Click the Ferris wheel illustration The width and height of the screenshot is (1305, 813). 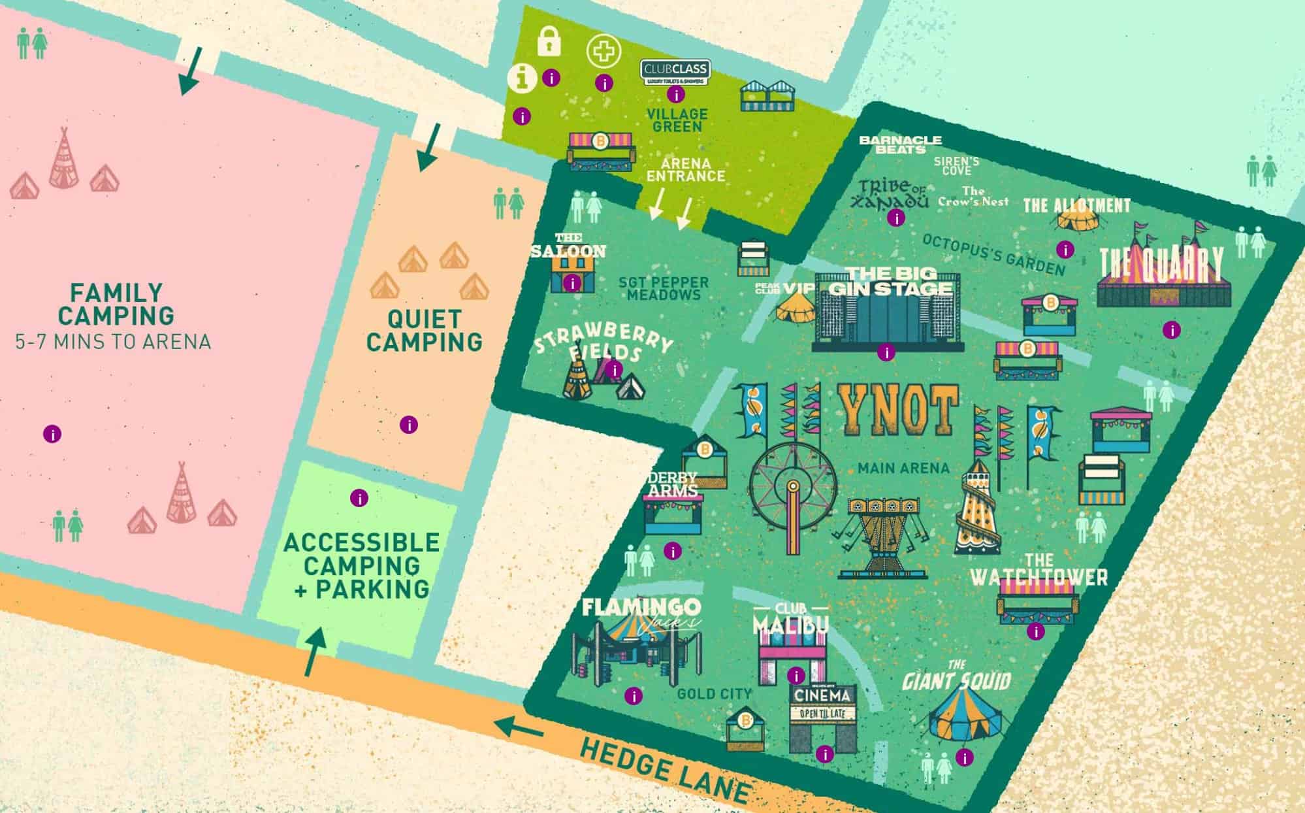[792, 487]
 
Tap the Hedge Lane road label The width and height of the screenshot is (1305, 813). [663, 771]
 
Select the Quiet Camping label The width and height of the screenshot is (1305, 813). [425, 331]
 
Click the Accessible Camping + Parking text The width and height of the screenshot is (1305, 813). [361, 565]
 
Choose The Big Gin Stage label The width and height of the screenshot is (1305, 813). [890, 281]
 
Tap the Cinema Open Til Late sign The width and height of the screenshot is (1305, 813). [823, 703]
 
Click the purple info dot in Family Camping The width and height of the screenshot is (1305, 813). [52, 433]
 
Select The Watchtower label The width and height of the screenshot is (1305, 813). [1039, 570]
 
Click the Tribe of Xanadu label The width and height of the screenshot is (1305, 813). [892, 193]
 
